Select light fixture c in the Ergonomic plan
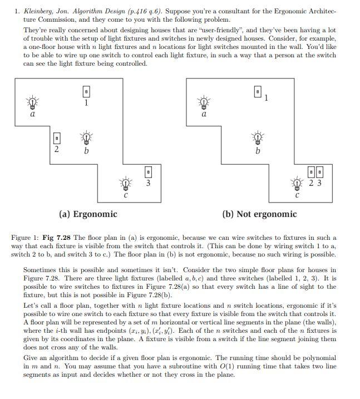(126, 183)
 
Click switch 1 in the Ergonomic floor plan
(86, 91)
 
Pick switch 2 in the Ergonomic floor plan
(56, 137)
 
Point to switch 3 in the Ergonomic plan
(147, 171)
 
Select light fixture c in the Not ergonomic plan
(298, 183)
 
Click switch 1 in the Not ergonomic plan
(258, 91)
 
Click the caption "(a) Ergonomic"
(88, 214)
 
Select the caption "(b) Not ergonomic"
(259, 214)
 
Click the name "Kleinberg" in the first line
(38, 11)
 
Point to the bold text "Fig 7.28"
(56, 238)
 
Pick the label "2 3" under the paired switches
(315, 183)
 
